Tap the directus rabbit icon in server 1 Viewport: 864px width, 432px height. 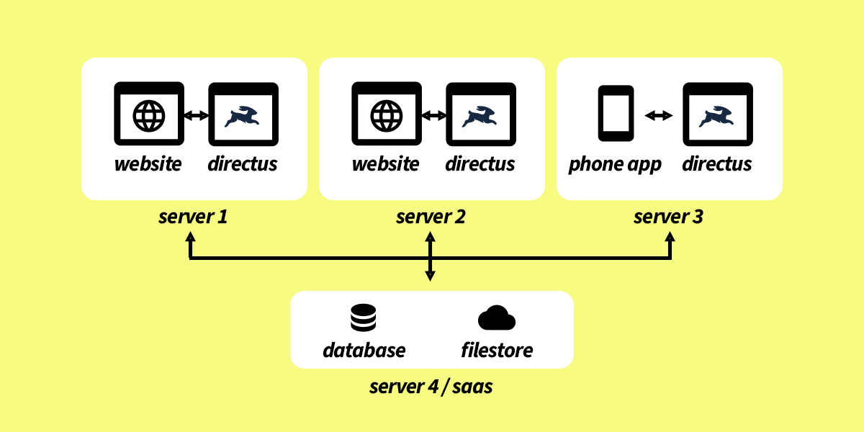[x=243, y=116]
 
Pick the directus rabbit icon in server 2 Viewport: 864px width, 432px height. [x=480, y=116]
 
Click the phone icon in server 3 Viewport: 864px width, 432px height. [x=616, y=113]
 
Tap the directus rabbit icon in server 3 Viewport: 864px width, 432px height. [x=717, y=116]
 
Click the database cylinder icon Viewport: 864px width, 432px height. [x=363, y=318]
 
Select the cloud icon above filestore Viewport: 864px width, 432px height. [x=497, y=318]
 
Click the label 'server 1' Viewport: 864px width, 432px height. [x=193, y=216]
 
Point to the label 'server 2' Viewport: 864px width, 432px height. [x=431, y=216]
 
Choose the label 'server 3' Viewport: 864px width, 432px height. [x=668, y=216]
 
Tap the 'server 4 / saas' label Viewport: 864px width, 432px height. [x=431, y=387]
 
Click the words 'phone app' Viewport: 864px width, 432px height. [x=615, y=164]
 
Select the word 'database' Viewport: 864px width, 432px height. [x=364, y=351]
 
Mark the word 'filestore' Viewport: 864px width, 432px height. [x=497, y=351]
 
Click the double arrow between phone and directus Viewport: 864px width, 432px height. [x=658, y=115]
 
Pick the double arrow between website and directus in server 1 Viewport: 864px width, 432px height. [x=196, y=115]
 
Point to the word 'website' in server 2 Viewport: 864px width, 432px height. [x=385, y=164]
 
